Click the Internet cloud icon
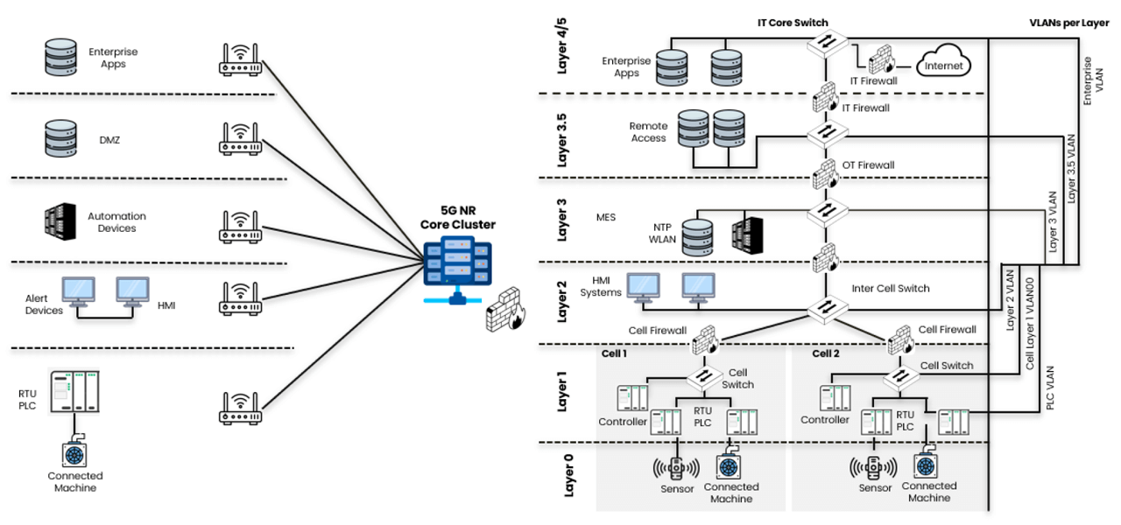(944, 65)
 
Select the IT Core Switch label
(793, 22)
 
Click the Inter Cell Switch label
(890, 288)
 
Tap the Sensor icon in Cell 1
(674, 466)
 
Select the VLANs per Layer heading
(1069, 22)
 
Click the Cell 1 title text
(614, 353)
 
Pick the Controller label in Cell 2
(825, 420)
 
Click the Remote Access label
(648, 132)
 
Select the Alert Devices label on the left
(44, 304)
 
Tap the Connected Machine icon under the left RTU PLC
(74, 454)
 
